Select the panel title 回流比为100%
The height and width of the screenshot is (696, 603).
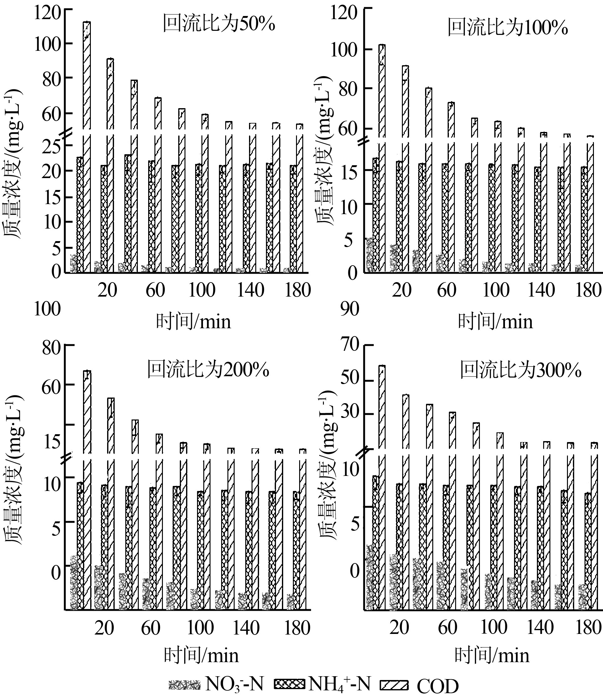507,28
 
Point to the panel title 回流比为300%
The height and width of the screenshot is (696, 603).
521,371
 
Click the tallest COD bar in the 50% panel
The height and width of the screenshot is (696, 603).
87,76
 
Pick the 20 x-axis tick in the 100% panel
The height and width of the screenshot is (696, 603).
402,290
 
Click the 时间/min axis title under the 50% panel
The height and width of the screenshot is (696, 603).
194,322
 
